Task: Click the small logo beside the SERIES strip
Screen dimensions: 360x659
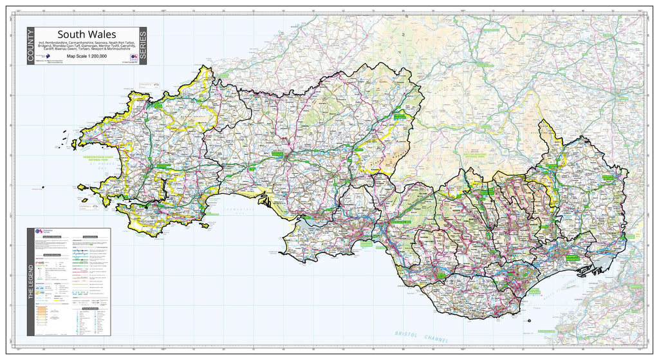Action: [133, 57]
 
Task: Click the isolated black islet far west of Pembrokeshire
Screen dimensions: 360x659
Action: [42, 188]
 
